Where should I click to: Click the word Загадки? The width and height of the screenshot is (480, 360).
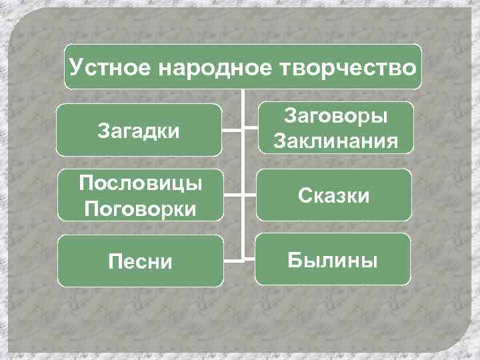pos(138,129)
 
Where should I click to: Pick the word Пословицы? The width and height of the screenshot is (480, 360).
pos(139,183)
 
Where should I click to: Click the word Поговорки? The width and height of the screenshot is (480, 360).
pos(139,209)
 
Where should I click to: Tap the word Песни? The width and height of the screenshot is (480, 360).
pos(139,261)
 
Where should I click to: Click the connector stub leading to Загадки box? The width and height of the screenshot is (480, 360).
pos(232,130)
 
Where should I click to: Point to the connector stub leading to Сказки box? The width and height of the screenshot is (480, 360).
pos(251,195)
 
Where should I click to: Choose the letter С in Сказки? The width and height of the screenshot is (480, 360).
pos(304,195)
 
